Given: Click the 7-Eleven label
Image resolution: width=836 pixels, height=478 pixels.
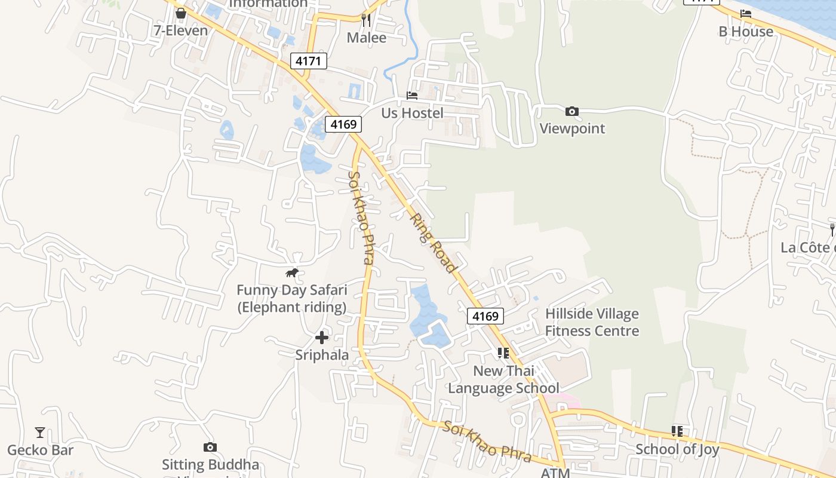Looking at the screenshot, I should click(181, 30).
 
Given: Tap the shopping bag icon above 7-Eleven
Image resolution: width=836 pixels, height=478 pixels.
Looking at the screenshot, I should click(181, 13).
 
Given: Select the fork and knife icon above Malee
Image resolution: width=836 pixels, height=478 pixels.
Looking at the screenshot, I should click(366, 20).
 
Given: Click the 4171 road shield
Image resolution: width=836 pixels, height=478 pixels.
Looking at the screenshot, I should click(309, 60).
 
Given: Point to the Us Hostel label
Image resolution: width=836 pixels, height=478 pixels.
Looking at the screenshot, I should click(412, 113).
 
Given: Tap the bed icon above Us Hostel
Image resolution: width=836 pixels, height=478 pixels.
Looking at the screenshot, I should click(412, 96).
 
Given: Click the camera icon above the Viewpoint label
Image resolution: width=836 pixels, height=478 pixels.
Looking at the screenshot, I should click(572, 111).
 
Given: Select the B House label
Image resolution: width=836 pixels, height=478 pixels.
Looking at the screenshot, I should click(746, 31).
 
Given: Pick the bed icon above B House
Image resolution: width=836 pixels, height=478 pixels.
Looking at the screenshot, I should click(746, 14).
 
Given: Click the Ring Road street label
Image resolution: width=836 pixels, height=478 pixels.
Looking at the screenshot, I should click(433, 244).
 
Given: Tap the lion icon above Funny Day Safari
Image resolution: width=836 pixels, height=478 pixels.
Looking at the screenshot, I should click(291, 273).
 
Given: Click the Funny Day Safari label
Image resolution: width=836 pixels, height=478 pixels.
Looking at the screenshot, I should click(291, 299).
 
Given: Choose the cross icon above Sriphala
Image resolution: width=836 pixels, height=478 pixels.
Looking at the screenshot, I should click(322, 338).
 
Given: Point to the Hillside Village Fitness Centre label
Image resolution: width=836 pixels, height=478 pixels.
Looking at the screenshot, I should click(592, 322).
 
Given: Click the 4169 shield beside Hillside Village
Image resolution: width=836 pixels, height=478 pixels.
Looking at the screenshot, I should click(485, 316).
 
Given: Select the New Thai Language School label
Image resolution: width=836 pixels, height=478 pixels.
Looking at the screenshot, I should click(504, 379).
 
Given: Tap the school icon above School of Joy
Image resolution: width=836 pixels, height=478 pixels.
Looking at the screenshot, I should click(677, 431).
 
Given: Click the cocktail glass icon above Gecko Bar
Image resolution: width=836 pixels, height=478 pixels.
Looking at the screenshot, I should click(40, 432).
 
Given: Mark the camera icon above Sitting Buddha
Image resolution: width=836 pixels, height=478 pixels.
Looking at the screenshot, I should click(210, 447).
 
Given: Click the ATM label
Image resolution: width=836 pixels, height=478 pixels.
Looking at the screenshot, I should click(555, 473).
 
